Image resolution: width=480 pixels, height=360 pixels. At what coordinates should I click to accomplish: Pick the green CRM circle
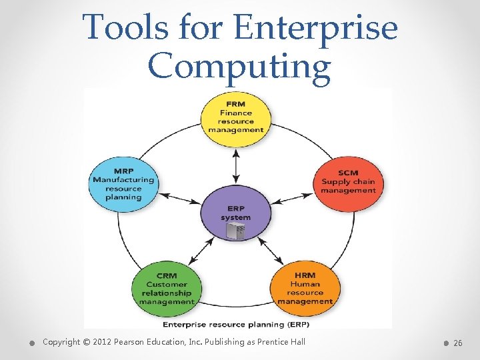165,288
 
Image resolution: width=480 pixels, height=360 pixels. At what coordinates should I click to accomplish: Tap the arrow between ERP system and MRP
179,197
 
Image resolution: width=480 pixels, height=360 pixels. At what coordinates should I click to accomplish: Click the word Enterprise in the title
317,29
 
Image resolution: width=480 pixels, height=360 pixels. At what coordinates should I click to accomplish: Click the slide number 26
457,343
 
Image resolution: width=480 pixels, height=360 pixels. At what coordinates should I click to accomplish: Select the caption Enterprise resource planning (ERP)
236,325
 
